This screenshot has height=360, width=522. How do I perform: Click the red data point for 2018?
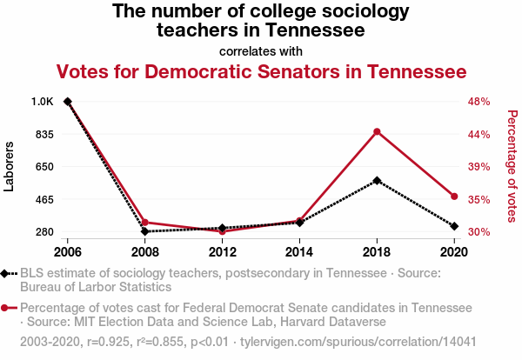tap(377, 131)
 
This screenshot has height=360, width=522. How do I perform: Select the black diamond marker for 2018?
tap(377, 181)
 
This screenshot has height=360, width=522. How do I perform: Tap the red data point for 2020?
tap(454, 196)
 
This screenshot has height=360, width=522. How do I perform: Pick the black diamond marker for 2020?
tap(454, 226)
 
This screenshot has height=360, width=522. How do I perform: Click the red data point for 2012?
tap(223, 231)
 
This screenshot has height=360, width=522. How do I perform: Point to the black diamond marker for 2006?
tap(68, 102)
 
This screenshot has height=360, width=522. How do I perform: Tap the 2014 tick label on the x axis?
tap(299, 252)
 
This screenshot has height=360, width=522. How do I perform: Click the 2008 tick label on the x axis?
tap(145, 252)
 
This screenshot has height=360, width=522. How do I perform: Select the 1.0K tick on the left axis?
tap(43, 102)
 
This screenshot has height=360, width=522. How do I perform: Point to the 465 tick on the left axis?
tap(44, 200)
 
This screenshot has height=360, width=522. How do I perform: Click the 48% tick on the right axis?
tap(479, 102)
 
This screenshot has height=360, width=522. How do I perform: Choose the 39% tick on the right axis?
tap(479, 167)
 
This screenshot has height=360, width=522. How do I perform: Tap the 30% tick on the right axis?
tap(479, 232)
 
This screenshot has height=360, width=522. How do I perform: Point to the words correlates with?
tap(261, 51)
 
